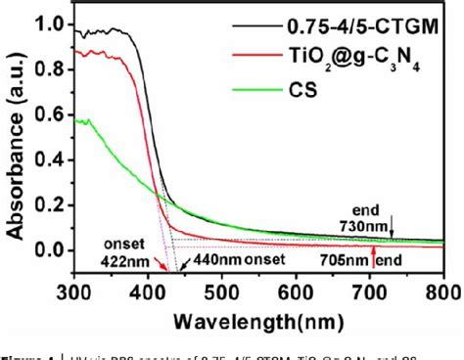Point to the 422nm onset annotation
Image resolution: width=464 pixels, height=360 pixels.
click(x=130, y=252)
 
